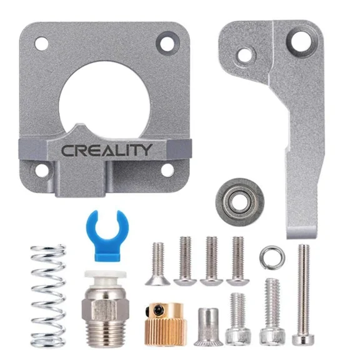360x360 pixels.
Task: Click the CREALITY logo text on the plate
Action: (x=106, y=150)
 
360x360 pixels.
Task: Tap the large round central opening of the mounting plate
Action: (x=105, y=100)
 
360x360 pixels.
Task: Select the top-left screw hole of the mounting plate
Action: (x=41, y=44)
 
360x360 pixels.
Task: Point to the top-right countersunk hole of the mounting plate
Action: (x=167, y=43)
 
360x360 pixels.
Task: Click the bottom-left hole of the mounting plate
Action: (x=41, y=170)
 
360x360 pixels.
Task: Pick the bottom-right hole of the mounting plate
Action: (x=167, y=169)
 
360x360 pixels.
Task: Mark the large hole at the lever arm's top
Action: (x=301, y=41)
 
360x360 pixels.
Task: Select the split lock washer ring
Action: (x=271, y=255)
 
